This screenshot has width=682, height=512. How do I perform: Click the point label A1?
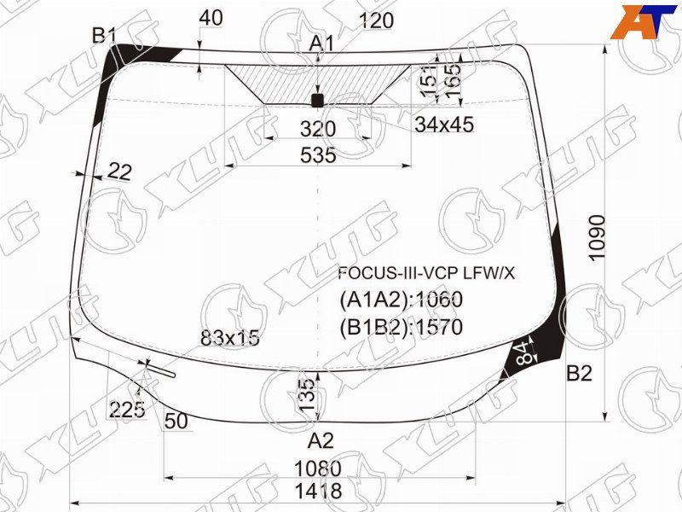321,43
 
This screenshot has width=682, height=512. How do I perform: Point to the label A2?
321,441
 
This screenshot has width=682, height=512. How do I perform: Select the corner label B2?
579,373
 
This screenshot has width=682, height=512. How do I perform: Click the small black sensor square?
317,101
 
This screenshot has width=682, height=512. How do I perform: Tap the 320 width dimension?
318,129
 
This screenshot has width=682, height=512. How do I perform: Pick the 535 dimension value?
318,155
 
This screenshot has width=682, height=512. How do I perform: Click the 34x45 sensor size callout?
443,125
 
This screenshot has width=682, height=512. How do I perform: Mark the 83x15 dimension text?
229,338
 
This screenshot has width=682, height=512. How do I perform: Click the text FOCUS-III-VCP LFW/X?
426,274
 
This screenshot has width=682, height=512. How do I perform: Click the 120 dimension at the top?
377,21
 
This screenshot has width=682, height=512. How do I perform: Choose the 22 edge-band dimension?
120,172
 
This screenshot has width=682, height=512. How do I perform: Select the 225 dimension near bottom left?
127,410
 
